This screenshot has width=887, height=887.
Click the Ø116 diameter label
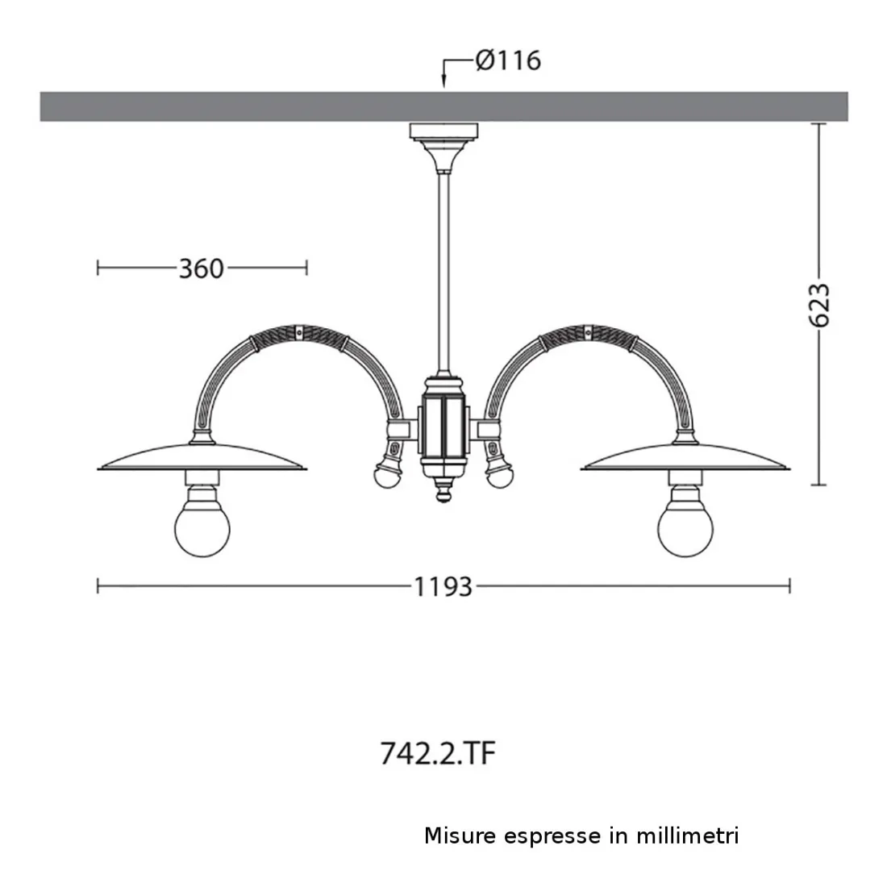(x=508, y=60)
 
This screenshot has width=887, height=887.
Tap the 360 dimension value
(x=202, y=269)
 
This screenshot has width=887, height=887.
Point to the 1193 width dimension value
(x=443, y=586)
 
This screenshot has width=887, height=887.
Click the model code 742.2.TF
(x=437, y=753)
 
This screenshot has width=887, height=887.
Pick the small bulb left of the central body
(x=388, y=475)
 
